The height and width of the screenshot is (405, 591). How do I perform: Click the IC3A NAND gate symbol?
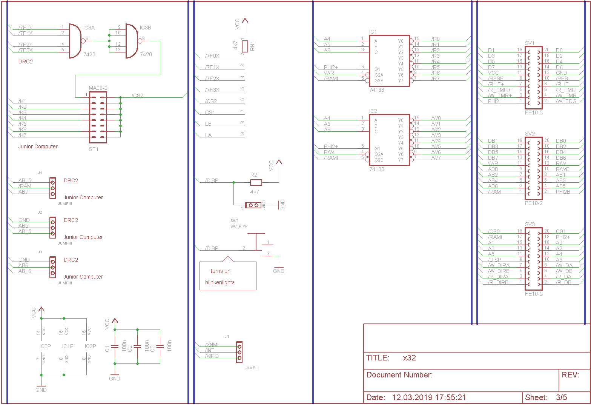click(75, 41)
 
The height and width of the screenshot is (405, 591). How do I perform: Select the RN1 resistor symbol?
click(245, 46)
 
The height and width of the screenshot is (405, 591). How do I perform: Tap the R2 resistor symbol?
click(256, 182)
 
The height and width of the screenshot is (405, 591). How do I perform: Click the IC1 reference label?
click(373, 32)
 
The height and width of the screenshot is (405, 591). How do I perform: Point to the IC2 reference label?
click(373, 111)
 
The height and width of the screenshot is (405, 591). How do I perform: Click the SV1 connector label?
click(530, 43)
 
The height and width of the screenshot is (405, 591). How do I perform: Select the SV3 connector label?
click(530, 225)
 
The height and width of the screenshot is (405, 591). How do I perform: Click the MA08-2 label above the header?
click(98, 88)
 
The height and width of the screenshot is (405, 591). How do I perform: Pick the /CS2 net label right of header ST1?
click(137, 95)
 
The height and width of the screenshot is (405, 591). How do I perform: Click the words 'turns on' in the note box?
click(220, 271)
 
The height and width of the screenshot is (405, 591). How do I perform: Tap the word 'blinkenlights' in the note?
click(220, 282)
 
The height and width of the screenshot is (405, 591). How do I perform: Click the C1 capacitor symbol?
click(115, 346)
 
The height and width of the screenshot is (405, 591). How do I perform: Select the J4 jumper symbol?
click(239, 352)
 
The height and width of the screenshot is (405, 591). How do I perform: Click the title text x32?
click(409, 358)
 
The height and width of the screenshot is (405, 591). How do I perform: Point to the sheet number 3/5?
click(561, 397)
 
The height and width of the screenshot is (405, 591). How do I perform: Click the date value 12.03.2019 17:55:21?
click(429, 397)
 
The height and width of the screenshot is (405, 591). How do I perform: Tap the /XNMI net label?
click(212, 345)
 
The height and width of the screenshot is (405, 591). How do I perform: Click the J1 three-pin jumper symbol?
click(52, 188)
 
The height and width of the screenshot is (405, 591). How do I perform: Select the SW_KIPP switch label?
click(239, 226)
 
